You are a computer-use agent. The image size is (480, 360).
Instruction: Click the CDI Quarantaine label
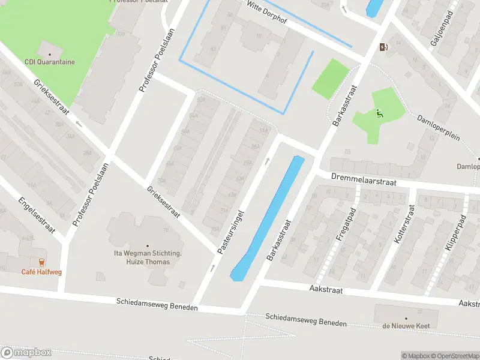(50, 62)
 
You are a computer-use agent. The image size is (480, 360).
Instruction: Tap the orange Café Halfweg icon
(41, 262)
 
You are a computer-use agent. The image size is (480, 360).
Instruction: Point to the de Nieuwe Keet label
(406, 326)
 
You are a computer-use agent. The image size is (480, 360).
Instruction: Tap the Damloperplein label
(439, 127)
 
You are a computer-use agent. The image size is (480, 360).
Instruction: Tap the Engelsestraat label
(37, 215)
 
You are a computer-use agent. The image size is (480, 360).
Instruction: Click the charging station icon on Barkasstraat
(383, 47)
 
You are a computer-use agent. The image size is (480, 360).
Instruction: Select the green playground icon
(379, 113)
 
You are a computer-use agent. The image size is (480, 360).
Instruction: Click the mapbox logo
(26, 353)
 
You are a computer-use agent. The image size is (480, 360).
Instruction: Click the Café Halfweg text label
(41, 272)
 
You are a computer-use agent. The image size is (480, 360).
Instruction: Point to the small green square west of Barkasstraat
(330, 79)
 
